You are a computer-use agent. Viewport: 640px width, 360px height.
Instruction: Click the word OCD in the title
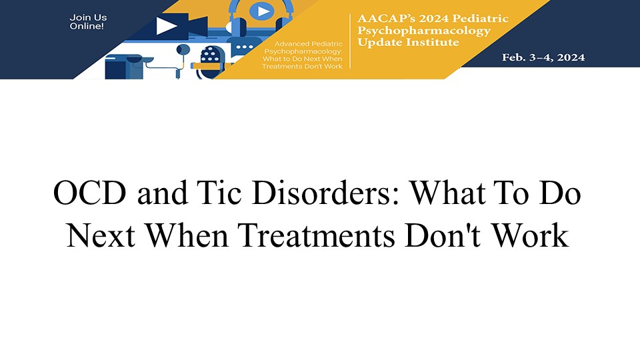point(89,193)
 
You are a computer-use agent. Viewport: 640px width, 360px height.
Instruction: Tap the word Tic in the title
point(219,193)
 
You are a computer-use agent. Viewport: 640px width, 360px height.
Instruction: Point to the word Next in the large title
point(101,236)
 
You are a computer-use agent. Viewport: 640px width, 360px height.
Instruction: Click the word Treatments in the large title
point(316,236)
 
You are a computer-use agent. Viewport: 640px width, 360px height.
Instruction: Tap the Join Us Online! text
point(88,21)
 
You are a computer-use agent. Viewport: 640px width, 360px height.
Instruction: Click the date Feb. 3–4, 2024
point(543,57)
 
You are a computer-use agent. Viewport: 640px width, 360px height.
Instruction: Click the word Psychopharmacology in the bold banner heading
point(424,31)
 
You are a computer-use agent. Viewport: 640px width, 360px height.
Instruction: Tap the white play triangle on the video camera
point(166,26)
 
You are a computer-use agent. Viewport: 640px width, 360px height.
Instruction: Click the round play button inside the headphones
point(261,11)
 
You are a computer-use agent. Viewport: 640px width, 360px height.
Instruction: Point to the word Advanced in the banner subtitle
point(291,44)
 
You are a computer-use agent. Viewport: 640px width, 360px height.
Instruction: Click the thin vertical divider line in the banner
point(350,41)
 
